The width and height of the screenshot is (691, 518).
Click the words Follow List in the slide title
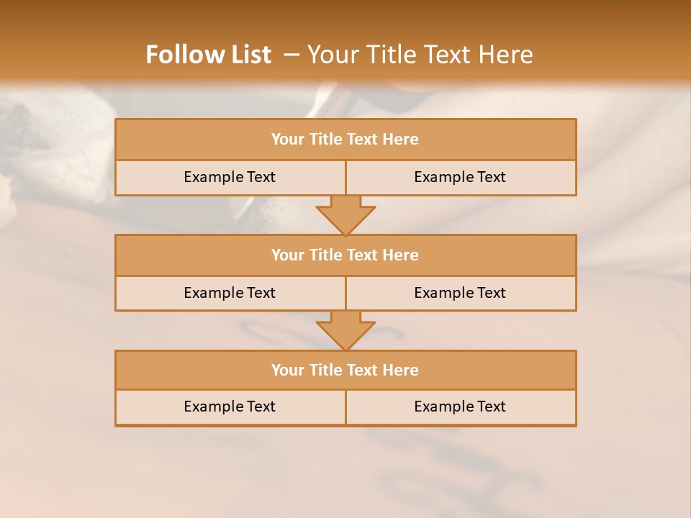coord(208,55)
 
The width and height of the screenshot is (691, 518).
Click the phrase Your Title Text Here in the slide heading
coord(420,55)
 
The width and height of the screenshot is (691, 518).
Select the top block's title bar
coord(345,140)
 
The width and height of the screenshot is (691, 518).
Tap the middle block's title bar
coord(345,255)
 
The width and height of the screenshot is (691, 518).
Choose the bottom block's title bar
coord(345,370)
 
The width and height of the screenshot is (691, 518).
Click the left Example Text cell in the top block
coord(230,177)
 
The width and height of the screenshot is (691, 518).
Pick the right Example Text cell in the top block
coord(460,177)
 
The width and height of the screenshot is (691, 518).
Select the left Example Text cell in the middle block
coord(230,293)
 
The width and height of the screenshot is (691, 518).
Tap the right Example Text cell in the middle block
coord(460,293)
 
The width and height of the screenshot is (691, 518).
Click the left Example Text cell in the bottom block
coord(230,406)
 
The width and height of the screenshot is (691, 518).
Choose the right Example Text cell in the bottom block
coord(460,406)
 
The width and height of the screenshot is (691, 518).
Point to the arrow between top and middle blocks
coord(345,215)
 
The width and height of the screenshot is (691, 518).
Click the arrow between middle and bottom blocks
coord(345,330)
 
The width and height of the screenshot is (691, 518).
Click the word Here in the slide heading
coord(508,55)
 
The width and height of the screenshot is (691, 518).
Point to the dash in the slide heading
coord(292,55)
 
